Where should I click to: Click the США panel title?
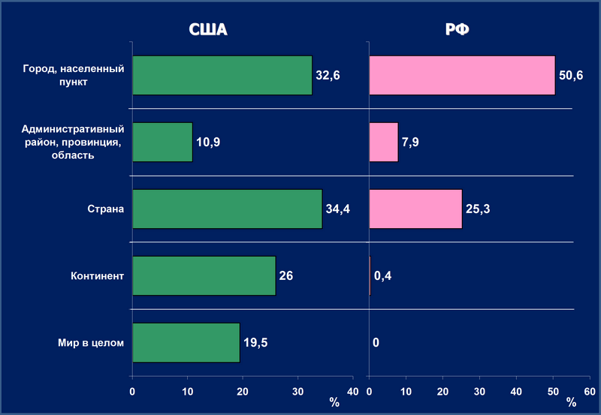[207, 31]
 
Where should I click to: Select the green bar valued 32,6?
[222, 75]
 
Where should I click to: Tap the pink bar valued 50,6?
[462, 75]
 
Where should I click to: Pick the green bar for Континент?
[204, 275]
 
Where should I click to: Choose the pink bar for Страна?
[415, 209]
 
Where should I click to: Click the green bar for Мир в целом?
[186, 342]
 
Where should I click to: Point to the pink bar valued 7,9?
[384, 142]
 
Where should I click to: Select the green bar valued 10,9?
[162, 142]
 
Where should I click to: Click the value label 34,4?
[337, 209]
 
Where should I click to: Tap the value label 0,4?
[382, 276]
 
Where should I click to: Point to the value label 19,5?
[255, 343]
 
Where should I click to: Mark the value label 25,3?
[478, 209]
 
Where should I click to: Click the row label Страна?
[105, 209]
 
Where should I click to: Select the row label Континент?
[92, 275]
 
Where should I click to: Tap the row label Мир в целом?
[92, 343]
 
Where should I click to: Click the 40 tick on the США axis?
[352, 391]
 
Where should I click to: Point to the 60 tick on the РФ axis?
[590, 391]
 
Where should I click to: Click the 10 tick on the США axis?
[188, 391]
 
